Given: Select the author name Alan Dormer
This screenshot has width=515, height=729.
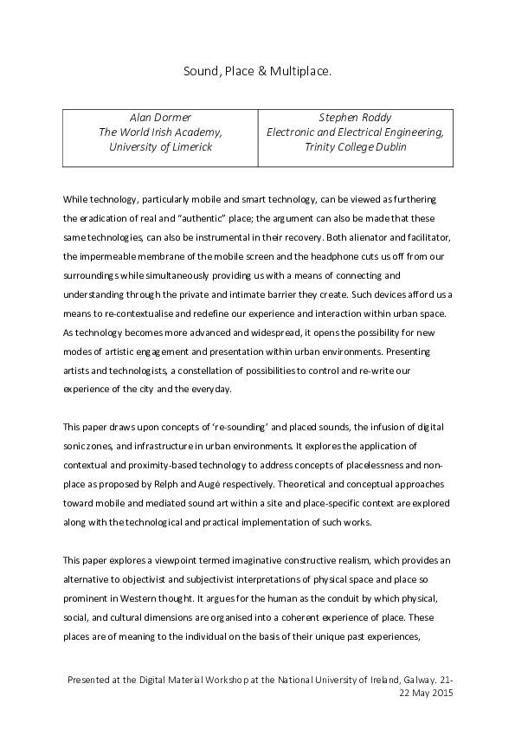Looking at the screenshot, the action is pos(160,117).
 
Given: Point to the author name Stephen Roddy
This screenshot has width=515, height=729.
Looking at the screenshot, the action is pos(355,117).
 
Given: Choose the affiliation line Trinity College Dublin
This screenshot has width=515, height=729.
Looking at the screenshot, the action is pos(355,147).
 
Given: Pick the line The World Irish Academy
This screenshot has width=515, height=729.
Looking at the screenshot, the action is pos(160,132).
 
